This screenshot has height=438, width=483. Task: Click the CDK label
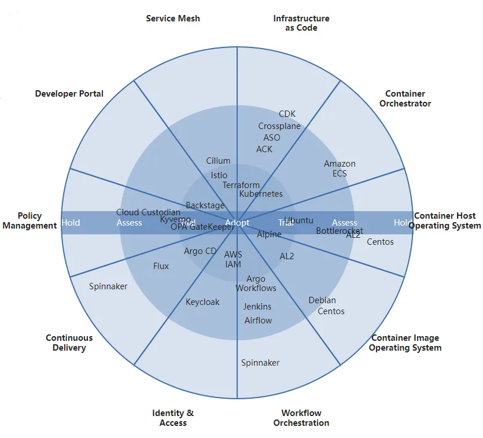(x=287, y=114)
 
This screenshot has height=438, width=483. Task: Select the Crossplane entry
(x=279, y=126)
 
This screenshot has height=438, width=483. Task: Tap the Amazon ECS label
(x=340, y=168)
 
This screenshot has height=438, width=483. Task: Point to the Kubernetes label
(x=261, y=194)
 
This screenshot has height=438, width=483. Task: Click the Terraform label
(x=241, y=185)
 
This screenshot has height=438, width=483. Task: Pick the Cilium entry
(x=218, y=161)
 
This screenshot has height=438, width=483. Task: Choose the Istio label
(x=219, y=175)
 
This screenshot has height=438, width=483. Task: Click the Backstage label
(x=205, y=205)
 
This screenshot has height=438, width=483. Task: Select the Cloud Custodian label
(x=148, y=212)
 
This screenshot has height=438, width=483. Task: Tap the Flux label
(x=161, y=266)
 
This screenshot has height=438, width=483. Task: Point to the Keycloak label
(x=202, y=302)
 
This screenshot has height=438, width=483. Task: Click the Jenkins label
(x=257, y=307)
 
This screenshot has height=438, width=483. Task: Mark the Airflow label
(x=258, y=321)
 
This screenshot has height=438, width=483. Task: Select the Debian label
(x=322, y=300)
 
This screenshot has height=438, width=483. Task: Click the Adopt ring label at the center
(x=237, y=223)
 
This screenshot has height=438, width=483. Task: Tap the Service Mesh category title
(x=173, y=19)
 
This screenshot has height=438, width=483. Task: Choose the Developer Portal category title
(x=69, y=94)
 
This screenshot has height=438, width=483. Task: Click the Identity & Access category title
(x=173, y=418)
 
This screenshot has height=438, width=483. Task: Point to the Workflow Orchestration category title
(x=301, y=418)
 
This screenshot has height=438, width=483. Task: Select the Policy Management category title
(x=30, y=220)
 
